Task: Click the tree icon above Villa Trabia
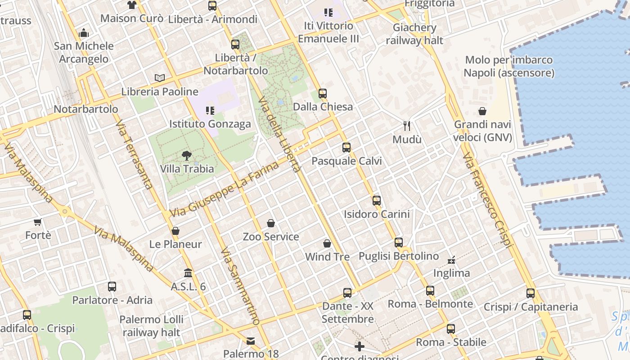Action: tap(186, 156)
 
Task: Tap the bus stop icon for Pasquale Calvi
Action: tap(346, 148)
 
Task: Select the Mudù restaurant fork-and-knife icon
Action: tap(407, 126)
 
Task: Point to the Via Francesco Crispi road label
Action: tap(488, 200)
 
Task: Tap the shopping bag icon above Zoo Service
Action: tap(271, 223)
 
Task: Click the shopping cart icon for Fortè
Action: tap(38, 222)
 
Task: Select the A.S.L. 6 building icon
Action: tap(188, 273)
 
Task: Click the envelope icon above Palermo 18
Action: tap(251, 341)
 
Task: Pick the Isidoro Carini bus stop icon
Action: tap(377, 201)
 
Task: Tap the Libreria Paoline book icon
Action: tap(160, 78)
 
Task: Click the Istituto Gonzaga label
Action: tap(210, 124)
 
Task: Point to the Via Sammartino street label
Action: tap(240, 286)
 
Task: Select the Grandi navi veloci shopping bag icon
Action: tap(482, 111)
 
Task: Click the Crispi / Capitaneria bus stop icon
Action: tap(531, 293)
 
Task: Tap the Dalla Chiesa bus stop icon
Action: tap(323, 94)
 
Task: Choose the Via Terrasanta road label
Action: tap(134, 154)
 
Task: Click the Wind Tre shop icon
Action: tap(327, 243)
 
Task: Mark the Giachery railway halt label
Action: tap(414, 34)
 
